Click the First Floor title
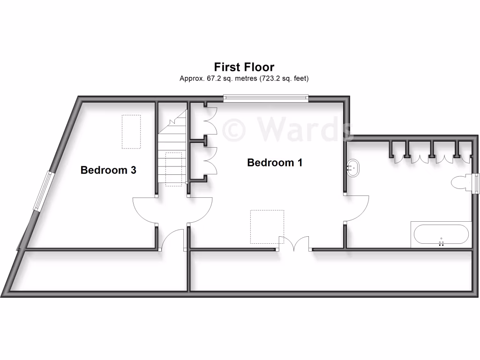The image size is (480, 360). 244,67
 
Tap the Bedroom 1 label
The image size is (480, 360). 275,163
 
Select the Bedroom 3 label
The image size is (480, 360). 108,170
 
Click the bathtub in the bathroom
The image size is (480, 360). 441,235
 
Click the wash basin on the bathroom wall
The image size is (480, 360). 353,166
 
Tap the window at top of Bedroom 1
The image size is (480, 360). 266,98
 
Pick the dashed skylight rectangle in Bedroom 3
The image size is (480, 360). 131,132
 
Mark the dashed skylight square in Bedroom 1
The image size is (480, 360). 267,226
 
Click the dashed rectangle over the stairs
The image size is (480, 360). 174,169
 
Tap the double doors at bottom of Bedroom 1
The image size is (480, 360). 294,244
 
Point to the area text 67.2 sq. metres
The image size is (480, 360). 218,79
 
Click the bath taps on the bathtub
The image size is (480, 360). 441,243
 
